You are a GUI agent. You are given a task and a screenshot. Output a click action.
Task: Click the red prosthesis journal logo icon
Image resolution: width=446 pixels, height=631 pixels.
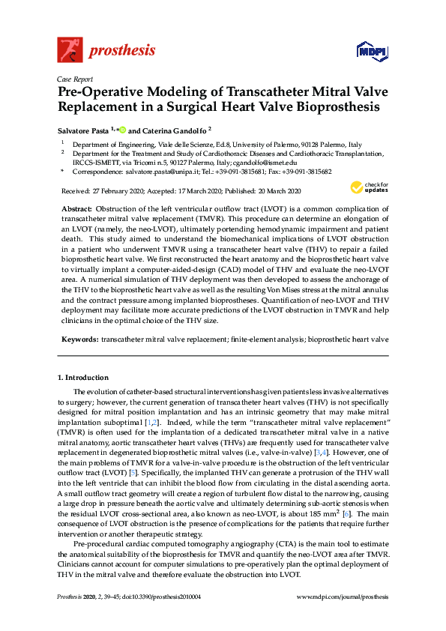click(70, 49)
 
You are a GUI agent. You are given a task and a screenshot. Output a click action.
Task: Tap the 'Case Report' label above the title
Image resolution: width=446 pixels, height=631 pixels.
click(74, 78)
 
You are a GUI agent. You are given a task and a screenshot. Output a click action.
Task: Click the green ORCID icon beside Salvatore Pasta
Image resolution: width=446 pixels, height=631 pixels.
click(122, 129)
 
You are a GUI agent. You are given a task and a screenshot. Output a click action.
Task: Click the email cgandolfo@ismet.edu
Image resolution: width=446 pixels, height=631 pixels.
click(266, 162)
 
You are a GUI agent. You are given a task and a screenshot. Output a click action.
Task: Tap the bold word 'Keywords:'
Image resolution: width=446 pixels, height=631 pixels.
click(79, 339)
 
